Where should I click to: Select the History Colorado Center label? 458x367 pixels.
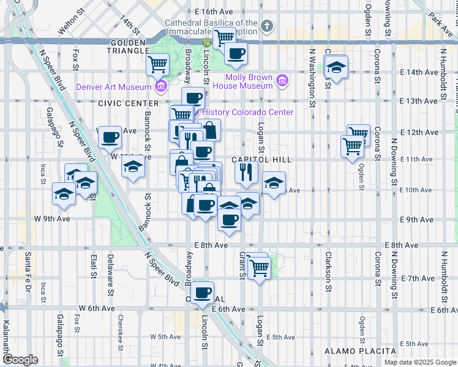[x=247, y=112]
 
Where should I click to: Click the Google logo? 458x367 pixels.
[x=21, y=360]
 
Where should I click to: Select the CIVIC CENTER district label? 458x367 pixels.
[x=120, y=103]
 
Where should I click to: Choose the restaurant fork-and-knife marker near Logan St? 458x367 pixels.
[x=246, y=172]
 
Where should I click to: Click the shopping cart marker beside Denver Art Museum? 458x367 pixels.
[x=158, y=63]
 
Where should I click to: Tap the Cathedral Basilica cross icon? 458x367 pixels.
[x=266, y=26]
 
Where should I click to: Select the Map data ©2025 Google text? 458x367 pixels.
[x=419, y=361]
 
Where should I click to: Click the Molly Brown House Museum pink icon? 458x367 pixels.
[x=282, y=80]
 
